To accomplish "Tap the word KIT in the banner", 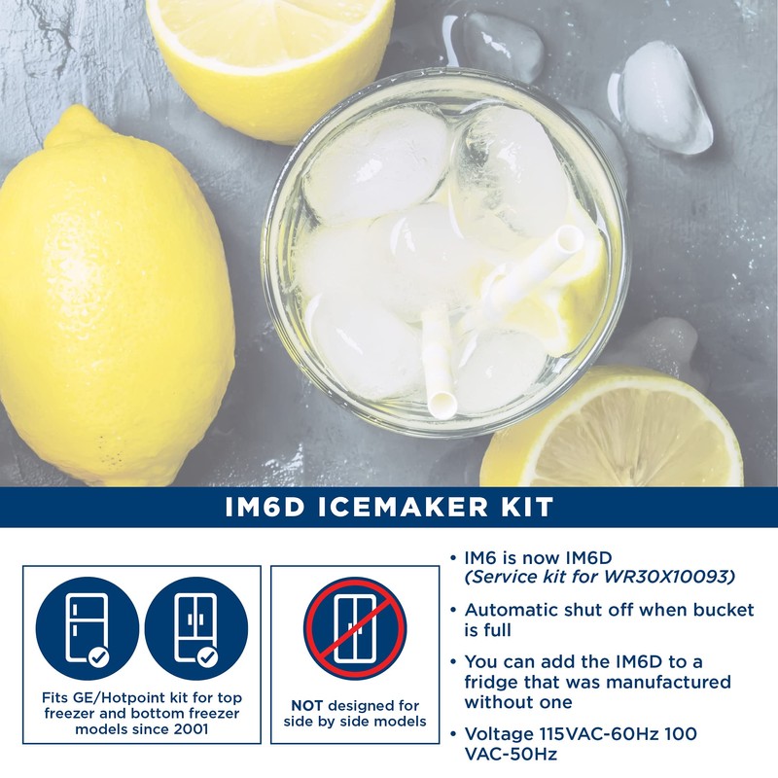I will [x=526, y=507].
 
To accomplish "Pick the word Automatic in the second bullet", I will [x=513, y=611].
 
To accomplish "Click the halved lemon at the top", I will [x=272, y=49].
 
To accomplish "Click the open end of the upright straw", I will [x=442, y=404].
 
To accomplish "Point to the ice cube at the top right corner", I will [x=666, y=97].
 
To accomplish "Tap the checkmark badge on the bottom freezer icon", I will [x=206, y=657].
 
